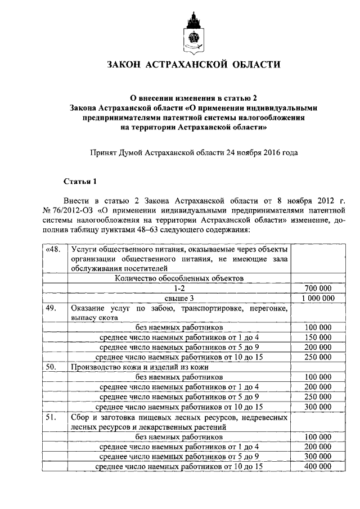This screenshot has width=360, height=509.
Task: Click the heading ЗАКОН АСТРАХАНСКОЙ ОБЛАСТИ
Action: pyautogui.click(x=193, y=65)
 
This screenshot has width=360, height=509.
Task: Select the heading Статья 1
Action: pyautogui.click(x=80, y=181)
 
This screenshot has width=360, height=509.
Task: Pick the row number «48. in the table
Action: pyautogui.click(x=54, y=249)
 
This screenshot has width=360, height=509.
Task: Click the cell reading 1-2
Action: pyautogui.click(x=179, y=288)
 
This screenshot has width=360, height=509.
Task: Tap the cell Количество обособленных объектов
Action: pyautogui.click(x=179, y=278)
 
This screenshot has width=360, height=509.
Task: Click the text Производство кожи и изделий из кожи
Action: pyautogui.click(x=135, y=367)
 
